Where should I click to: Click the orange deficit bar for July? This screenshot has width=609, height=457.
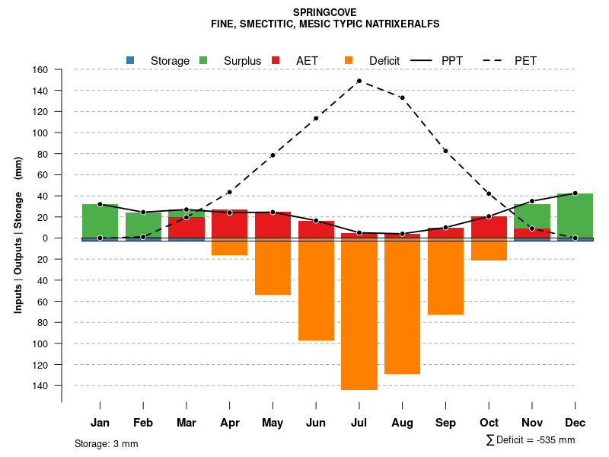coord(359,314)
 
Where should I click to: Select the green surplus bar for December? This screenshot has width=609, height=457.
coord(576,216)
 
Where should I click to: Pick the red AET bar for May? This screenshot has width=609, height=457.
coord(273,225)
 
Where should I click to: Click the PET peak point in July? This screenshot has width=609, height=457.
coord(359,81)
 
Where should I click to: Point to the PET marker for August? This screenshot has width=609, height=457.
coord(402,97)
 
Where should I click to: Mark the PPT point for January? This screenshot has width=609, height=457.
coord(100,204)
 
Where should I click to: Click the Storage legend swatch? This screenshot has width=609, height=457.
coord(130,60)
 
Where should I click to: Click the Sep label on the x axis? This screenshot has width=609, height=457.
coord(445,423)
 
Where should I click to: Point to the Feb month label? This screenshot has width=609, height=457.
coord(143,423)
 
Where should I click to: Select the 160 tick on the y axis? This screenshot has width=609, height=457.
coord(40,70)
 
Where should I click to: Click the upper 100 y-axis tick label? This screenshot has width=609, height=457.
coord(40,133)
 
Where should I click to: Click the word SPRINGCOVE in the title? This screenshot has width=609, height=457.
coord(324,12)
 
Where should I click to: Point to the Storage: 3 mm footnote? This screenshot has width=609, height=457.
coord(107,443)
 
